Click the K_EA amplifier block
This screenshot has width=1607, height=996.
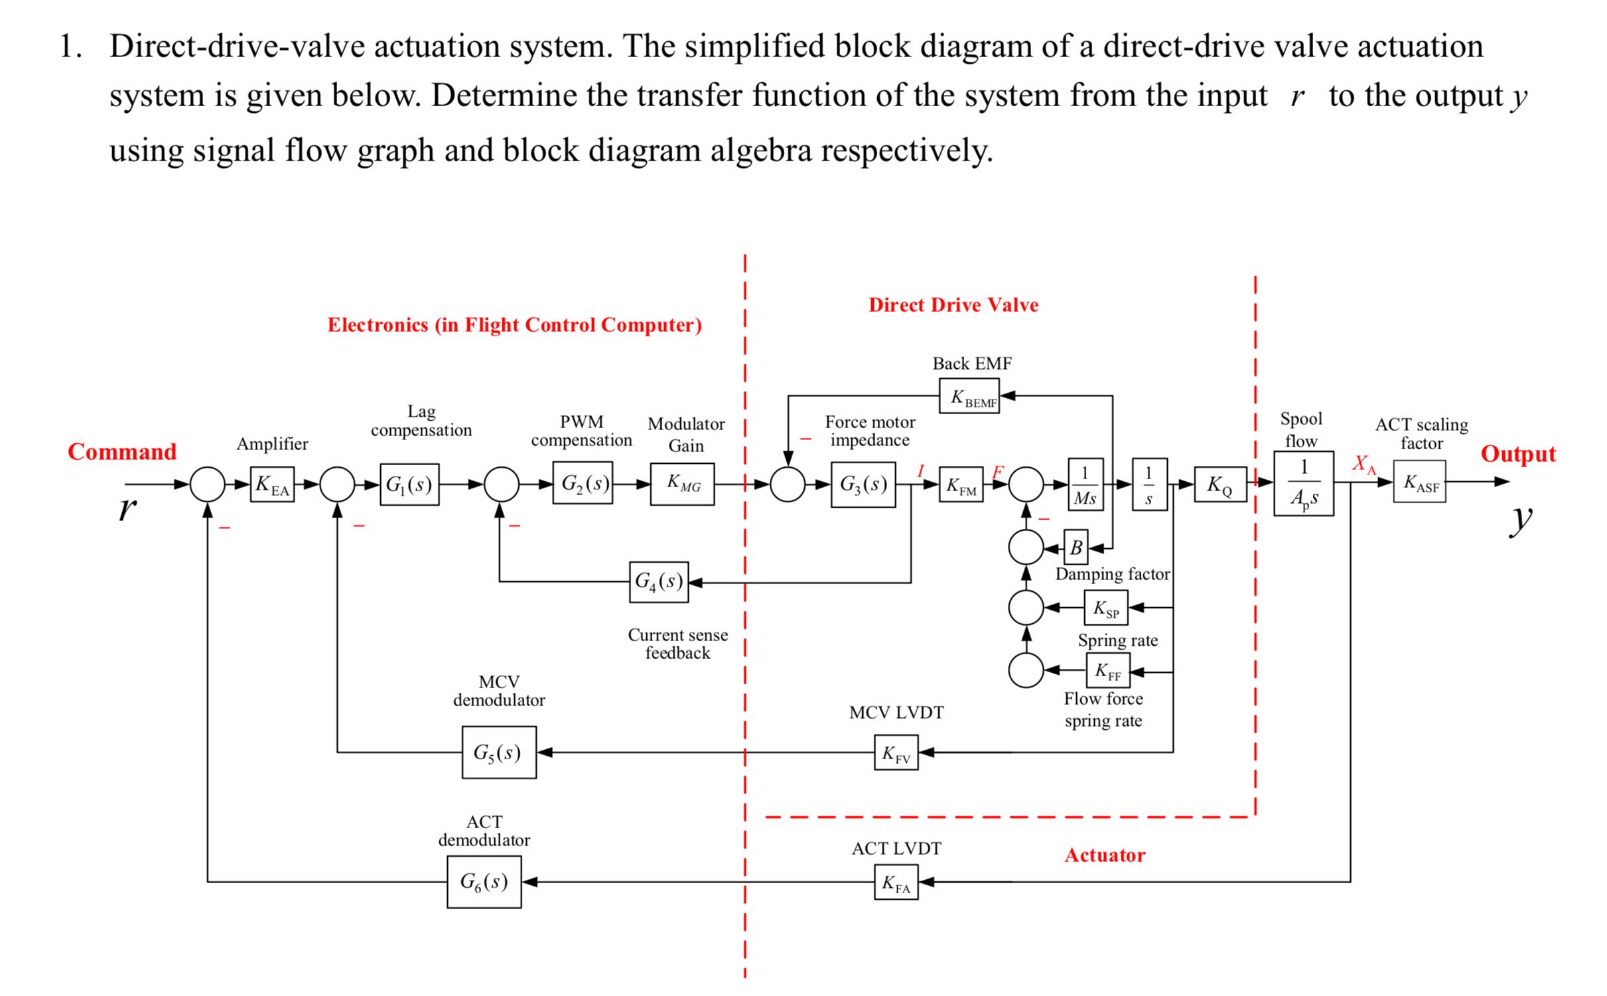click(272, 484)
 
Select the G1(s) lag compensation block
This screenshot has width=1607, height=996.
click(409, 484)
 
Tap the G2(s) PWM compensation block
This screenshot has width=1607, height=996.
click(582, 483)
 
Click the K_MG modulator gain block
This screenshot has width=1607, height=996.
click(682, 484)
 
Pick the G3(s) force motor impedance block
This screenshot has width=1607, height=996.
click(863, 484)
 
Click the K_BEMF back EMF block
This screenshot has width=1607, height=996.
click(969, 396)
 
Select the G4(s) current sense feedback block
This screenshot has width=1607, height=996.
click(658, 582)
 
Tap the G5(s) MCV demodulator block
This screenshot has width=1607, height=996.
click(499, 752)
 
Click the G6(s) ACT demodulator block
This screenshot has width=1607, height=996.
click(484, 881)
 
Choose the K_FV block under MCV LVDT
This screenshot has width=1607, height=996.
click(896, 752)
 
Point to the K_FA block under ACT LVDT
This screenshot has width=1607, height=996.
click(896, 882)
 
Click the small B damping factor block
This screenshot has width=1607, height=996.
click(1076, 547)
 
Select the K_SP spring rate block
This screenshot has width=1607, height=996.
click(1106, 607)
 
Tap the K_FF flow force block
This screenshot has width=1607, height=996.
click(1107, 671)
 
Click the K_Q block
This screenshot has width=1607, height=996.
click(1220, 484)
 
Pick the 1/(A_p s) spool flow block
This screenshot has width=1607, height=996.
click(1303, 483)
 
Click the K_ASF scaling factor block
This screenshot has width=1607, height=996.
click(1419, 482)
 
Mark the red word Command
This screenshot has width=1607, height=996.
click(122, 452)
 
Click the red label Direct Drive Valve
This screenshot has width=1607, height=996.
click(953, 305)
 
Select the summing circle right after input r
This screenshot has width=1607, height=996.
click(208, 484)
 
